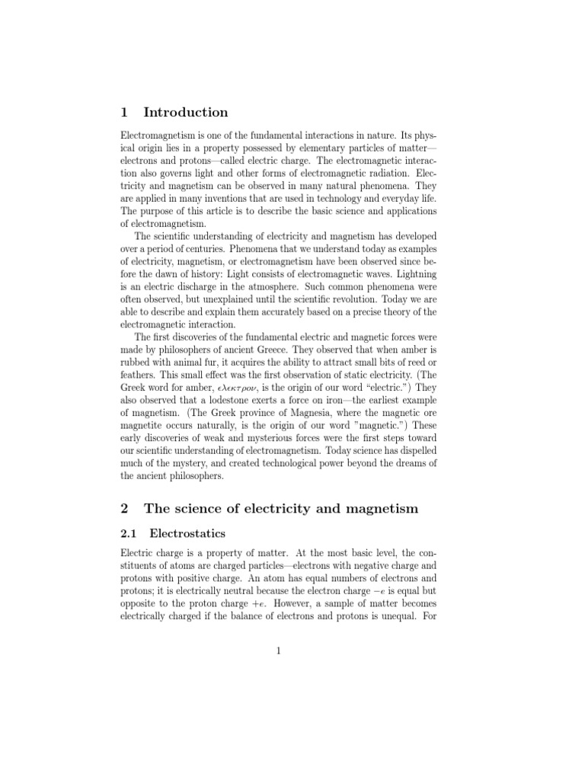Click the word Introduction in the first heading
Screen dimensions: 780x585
tap(186, 113)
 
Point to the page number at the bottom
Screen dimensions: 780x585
tap(280, 651)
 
